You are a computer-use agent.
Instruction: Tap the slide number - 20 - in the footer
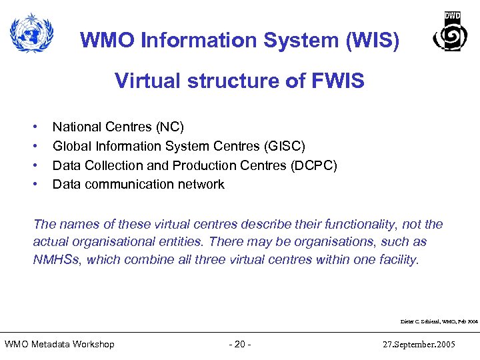tap(239, 344)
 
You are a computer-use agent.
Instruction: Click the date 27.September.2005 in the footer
tap(420, 344)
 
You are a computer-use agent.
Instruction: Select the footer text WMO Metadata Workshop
tap(59, 344)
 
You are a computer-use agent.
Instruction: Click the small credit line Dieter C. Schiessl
tap(439, 321)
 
